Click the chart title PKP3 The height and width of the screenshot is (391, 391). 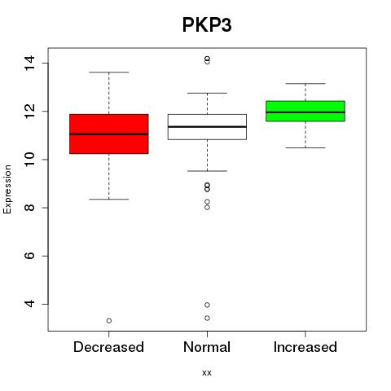click(207, 25)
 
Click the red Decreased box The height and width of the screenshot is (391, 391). click(109, 134)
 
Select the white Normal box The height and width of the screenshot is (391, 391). click(207, 127)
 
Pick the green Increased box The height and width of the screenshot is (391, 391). click(305, 111)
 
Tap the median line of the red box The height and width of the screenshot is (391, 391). click(109, 134)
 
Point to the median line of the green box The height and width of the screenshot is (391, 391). click(305, 112)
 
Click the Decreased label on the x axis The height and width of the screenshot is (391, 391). click(108, 347)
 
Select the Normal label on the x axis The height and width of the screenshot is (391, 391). click(207, 347)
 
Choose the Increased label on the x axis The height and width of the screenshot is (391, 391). click(305, 347)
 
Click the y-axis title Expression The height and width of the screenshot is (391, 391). click(7, 189)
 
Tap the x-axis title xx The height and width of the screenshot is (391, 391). click(207, 373)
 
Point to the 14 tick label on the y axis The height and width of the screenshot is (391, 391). click(30, 63)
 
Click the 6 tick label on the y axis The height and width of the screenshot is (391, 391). click(30, 256)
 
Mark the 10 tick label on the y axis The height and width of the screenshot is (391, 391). click(30, 160)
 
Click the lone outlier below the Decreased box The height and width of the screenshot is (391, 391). click(109, 321)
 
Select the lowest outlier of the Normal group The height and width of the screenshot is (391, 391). click(207, 318)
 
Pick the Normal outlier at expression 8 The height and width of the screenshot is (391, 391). click(207, 208)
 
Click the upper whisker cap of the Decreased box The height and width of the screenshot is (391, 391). click(109, 72)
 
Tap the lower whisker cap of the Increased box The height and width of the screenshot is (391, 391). click(305, 147)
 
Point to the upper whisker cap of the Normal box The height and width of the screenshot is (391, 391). click(207, 93)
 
